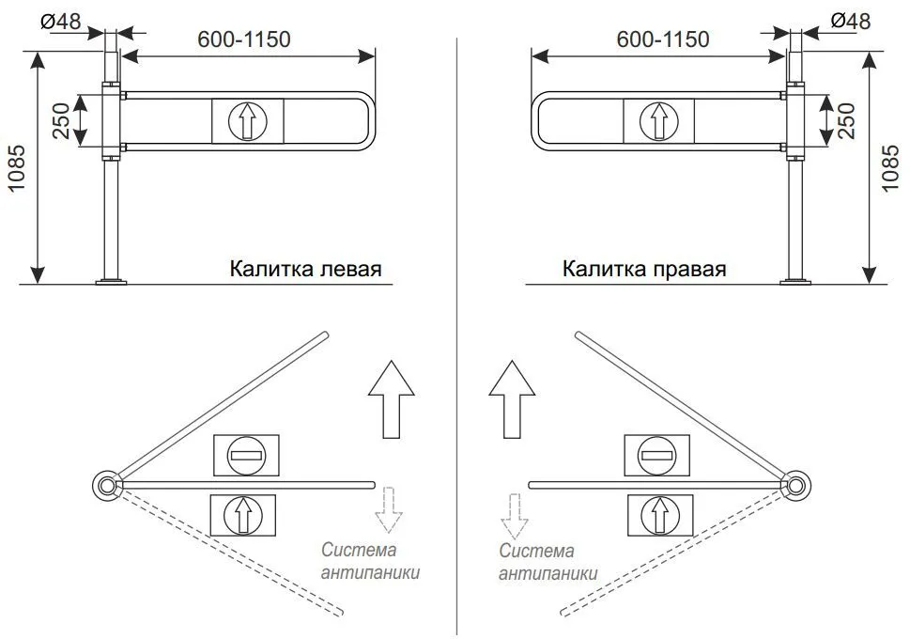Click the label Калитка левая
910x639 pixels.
point(305,269)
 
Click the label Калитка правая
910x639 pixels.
point(644,269)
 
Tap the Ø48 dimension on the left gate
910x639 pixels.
point(61,22)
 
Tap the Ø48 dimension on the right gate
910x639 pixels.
point(850,21)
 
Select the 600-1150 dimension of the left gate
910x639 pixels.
point(244,39)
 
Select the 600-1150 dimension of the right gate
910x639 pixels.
point(663,39)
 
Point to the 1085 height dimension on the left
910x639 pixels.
point(17,168)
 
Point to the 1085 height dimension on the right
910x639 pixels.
point(889,168)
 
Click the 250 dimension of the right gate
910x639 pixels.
point(846,121)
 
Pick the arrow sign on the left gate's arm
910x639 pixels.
point(248,121)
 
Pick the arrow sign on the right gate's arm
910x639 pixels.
point(658,121)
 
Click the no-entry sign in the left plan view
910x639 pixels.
point(247,456)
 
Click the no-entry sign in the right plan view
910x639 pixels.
point(657,456)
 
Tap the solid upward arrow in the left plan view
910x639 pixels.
point(392,399)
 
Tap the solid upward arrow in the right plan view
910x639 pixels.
point(512,399)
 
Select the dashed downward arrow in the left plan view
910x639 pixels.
point(389,510)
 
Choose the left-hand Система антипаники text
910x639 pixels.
point(370,561)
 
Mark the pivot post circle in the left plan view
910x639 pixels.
point(107,485)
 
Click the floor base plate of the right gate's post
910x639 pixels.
point(796,282)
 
